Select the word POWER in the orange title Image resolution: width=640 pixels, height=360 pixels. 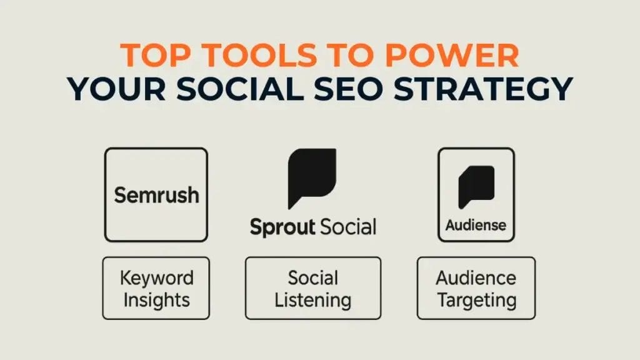pyautogui.click(x=452, y=55)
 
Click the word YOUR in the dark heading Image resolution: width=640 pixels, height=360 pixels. pyautogui.click(x=117, y=89)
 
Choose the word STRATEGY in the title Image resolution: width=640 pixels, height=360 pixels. pyautogui.click(x=483, y=89)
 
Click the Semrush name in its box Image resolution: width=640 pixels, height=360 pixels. pyautogui.click(x=157, y=195)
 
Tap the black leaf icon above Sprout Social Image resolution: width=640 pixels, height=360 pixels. pyautogui.click(x=312, y=178)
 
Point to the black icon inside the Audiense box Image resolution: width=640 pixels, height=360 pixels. pyautogui.click(x=476, y=187)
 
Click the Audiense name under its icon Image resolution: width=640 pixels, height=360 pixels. pyautogui.click(x=476, y=225)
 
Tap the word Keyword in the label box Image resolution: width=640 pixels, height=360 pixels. pyautogui.click(x=157, y=278)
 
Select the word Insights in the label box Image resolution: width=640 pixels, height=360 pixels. pyautogui.click(x=157, y=301)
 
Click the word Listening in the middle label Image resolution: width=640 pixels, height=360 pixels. pyautogui.click(x=313, y=301)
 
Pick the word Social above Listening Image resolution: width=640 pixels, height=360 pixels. pyautogui.click(x=313, y=278)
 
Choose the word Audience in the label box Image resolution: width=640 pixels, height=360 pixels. pyautogui.click(x=476, y=278)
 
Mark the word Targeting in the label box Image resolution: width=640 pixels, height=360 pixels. pyautogui.click(x=477, y=301)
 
